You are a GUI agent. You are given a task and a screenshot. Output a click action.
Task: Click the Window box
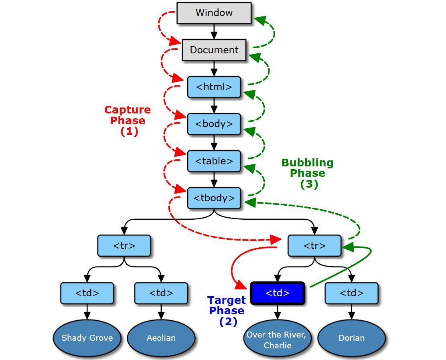tap(214, 13)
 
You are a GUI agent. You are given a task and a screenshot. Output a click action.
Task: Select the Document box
tap(214, 50)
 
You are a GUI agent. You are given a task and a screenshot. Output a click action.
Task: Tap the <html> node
tap(214, 87)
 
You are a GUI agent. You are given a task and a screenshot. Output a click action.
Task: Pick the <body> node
tap(214, 124)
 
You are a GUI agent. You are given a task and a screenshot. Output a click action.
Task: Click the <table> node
tap(214, 161)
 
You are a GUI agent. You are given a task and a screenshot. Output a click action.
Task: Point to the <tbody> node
tap(214, 198)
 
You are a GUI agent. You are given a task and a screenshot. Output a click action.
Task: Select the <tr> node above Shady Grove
tap(124, 246)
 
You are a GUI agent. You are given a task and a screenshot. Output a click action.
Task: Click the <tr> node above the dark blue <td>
tap(314, 246)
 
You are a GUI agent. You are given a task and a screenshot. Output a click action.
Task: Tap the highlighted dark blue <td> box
tap(278, 293)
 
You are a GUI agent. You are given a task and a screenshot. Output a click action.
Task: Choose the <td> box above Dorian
tap(352, 293)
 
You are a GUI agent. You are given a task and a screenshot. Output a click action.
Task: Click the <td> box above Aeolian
tap(161, 293)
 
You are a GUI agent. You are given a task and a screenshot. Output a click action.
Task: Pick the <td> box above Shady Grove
tap(87, 293)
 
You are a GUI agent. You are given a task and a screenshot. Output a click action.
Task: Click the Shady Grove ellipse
tap(87, 338)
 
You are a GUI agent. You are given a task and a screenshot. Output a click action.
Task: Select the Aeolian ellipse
tap(161, 338)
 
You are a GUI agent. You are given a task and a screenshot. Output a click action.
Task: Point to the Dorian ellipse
tap(352, 338)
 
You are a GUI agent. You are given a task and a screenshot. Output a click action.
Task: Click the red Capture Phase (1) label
tap(128, 120)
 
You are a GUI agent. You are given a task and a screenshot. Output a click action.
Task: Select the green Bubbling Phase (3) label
tap(308, 173)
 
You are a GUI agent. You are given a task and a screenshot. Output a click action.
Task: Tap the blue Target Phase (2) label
tap(227, 311)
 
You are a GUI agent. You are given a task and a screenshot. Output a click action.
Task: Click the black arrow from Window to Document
tap(214, 32)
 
